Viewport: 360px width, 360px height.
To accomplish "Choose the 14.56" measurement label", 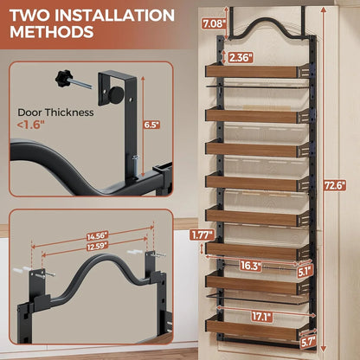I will tap(97, 235).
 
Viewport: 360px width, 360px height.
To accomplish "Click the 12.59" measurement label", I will tap(97, 245).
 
